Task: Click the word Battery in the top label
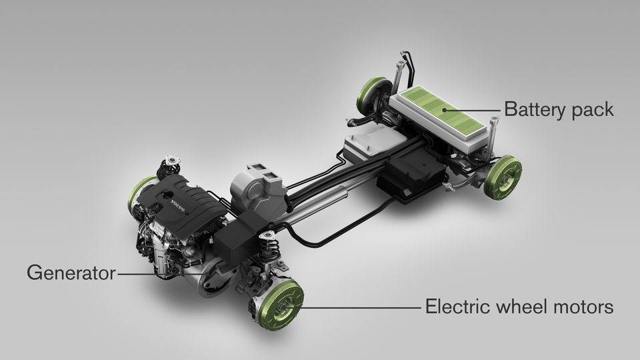(530, 109)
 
